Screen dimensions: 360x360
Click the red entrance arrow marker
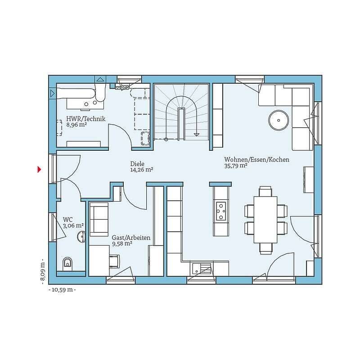[40, 170]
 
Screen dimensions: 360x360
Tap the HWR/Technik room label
[86, 119]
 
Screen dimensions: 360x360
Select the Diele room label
[137, 164]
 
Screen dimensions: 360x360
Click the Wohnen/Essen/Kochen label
[256, 159]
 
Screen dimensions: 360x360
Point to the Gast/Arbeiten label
[131, 238]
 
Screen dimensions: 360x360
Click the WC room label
[68, 220]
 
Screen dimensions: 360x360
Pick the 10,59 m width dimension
[62, 290]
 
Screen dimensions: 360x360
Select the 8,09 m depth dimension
[42, 272]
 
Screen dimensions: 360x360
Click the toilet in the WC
[67, 264]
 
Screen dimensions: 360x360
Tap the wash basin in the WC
[81, 237]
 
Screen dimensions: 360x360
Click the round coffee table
[279, 120]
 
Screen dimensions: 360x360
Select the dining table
[265, 220]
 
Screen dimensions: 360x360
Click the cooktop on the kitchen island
[221, 211]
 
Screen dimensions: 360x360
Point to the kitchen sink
[202, 269]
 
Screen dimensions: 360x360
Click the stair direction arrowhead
[197, 135]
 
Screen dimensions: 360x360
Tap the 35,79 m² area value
[236, 166]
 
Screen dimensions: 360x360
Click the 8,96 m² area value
[76, 125]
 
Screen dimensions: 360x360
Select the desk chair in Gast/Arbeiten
[115, 261]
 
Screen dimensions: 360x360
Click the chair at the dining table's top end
[265, 191]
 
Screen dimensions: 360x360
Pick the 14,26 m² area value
[142, 170]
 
